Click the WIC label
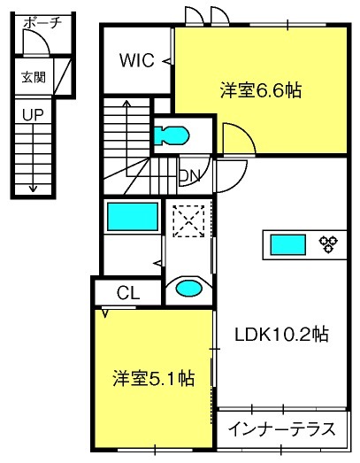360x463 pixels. [x=137, y=60]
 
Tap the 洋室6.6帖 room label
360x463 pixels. [x=261, y=90]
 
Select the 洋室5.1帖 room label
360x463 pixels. [x=153, y=378]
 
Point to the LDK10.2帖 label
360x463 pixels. [x=281, y=335]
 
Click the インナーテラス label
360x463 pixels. [x=282, y=429]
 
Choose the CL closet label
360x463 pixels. [x=128, y=293]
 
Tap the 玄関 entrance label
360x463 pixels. [x=34, y=77]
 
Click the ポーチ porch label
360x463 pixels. [x=42, y=23]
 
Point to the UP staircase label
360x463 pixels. [x=33, y=115]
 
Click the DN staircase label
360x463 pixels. [x=190, y=176]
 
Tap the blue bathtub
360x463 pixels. [x=133, y=216]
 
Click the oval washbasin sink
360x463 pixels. [x=189, y=288]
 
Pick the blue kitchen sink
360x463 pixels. [x=288, y=244]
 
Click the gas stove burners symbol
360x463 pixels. [x=328, y=244]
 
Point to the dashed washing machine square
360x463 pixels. [x=188, y=221]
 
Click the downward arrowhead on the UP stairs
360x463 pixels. [x=33, y=189]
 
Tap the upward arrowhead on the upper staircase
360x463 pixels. [x=126, y=103]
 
